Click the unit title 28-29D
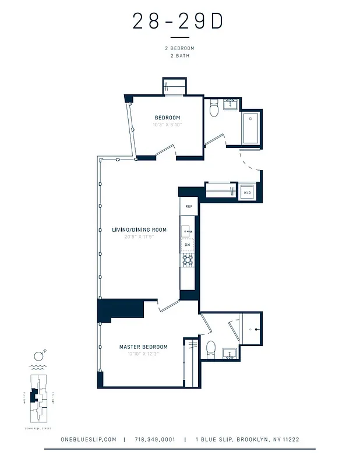click(178, 21)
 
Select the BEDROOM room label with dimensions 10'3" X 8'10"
click(167, 118)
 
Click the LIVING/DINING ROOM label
click(139, 230)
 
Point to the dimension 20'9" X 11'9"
click(139, 237)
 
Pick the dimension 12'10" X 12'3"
click(139, 354)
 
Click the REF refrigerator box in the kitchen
click(189, 207)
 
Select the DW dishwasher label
click(188, 245)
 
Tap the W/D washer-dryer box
click(247, 192)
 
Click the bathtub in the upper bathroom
click(251, 129)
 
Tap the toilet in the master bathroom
click(211, 349)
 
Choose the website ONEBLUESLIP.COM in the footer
click(89, 440)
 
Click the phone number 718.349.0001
click(155, 440)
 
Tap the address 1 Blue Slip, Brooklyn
click(247, 440)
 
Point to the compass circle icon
click(38, 356)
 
